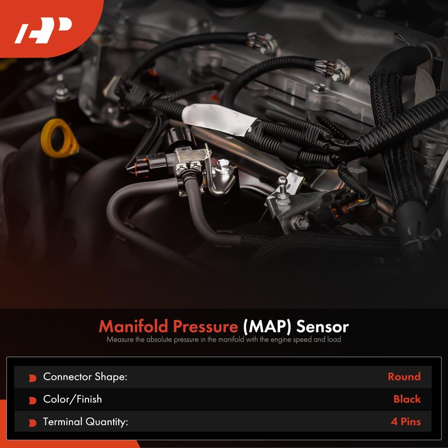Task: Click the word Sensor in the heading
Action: (323, 326)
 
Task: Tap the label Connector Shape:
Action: (85, 377)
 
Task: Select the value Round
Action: (404, 377)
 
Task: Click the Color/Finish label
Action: (72, 399)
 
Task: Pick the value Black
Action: (407, 399)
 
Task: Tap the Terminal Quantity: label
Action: (86, 422)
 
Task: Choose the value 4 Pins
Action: (405, 422)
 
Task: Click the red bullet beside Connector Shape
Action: (32, 378)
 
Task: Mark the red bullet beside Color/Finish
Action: (32, 400)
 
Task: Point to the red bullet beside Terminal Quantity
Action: (32, 423)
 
